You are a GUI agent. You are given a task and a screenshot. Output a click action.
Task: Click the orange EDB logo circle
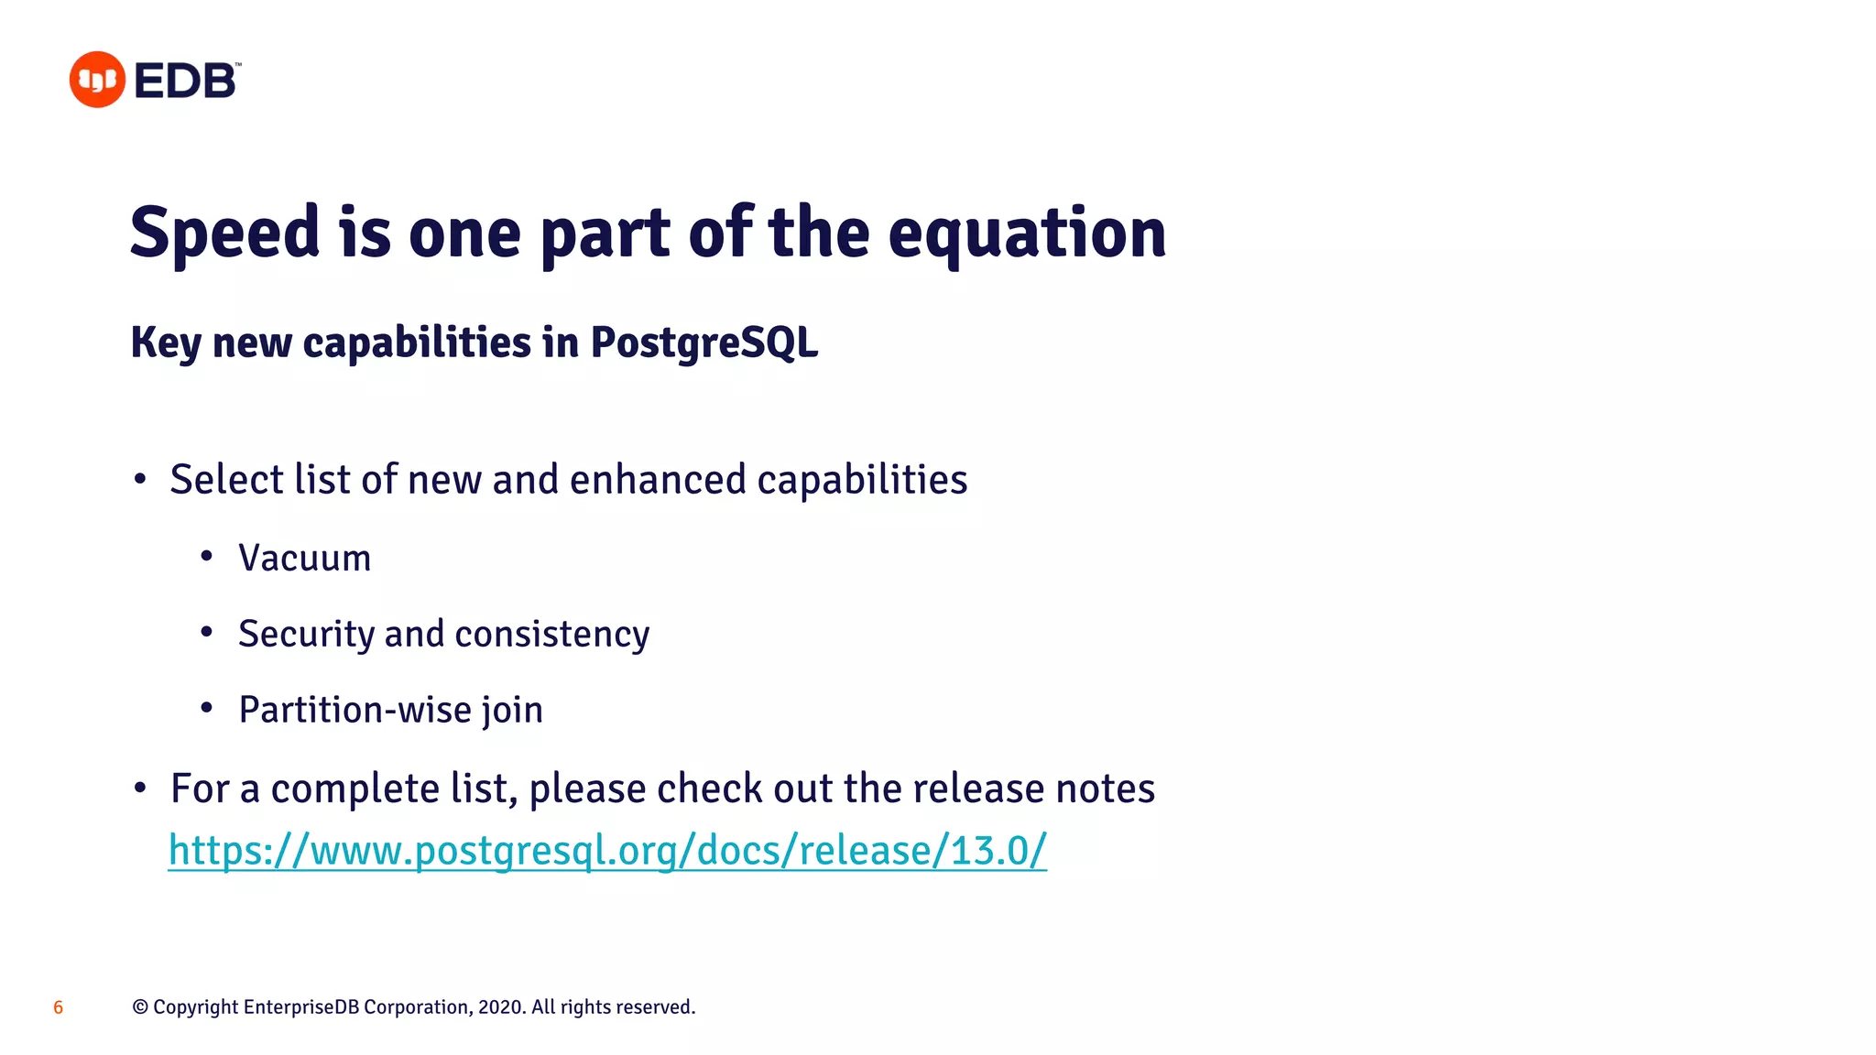97,80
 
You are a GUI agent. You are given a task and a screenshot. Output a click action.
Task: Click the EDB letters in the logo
186,81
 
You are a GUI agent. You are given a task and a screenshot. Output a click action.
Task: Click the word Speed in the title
224,234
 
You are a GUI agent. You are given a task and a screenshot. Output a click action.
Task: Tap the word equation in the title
1027,234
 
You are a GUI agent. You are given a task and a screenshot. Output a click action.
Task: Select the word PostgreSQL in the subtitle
703,343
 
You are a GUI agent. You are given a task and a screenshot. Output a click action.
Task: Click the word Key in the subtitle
166,343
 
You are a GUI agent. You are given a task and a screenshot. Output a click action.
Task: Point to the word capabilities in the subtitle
417,343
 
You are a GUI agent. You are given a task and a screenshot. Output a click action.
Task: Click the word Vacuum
305,558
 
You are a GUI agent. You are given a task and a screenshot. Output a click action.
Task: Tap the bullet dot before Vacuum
207,556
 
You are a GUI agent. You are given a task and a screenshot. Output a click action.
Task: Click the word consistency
551,634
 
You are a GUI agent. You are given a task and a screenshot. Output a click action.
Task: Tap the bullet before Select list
139,479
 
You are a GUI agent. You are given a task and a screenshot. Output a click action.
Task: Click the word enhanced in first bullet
658,480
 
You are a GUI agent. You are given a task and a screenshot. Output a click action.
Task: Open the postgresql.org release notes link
607,850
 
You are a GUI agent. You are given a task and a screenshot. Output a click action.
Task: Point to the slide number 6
58,1007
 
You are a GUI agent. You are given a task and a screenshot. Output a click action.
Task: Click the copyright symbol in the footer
140,1007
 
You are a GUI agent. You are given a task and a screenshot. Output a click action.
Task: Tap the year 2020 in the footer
500,1007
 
